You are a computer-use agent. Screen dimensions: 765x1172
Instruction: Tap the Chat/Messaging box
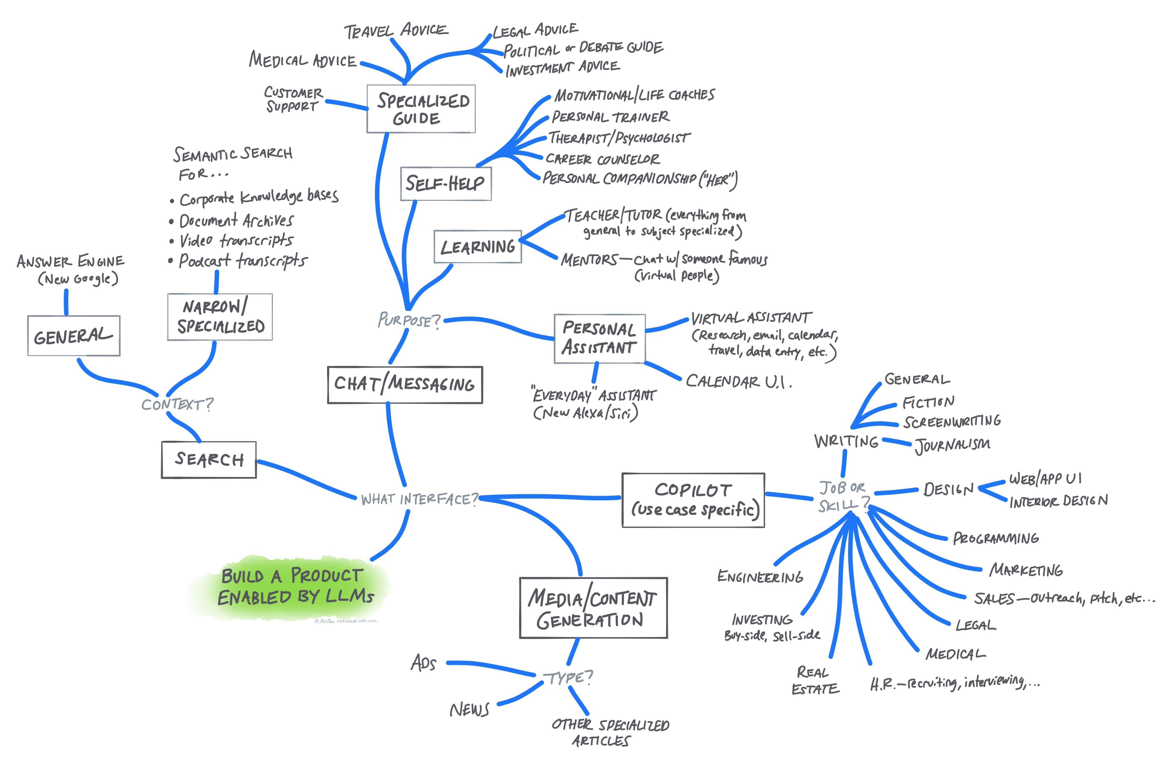click(405, 385)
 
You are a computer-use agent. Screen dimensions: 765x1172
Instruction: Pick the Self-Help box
click(445, 184)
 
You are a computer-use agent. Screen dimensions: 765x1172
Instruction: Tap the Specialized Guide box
click(421, 109)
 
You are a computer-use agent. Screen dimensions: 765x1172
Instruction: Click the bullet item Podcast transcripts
click(243, 260)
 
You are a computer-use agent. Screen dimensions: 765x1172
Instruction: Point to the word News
click(469, 709)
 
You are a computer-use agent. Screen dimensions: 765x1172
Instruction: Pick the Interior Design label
click(1058, 501)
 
